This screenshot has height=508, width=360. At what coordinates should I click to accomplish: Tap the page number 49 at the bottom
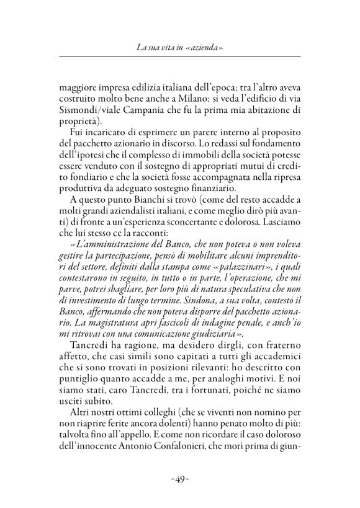coord(179,479)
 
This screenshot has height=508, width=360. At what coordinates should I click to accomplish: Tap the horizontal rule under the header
coord(179,58)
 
